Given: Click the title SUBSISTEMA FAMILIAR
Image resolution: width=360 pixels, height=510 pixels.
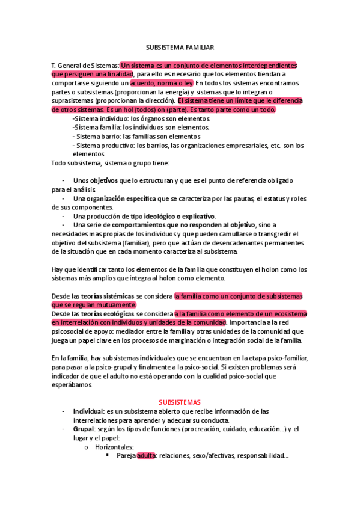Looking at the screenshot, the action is coord(180,46).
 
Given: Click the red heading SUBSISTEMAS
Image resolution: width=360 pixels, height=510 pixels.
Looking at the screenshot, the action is coord(180,402).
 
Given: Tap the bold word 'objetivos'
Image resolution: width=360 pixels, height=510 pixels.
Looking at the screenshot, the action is coord(105,180).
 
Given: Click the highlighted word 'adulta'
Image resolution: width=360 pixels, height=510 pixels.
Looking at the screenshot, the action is coord(146,456).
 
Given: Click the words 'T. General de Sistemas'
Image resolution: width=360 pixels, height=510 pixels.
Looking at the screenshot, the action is coord(85,65).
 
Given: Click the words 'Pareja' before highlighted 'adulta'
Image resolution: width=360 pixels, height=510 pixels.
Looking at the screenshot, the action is coord(126,456).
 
